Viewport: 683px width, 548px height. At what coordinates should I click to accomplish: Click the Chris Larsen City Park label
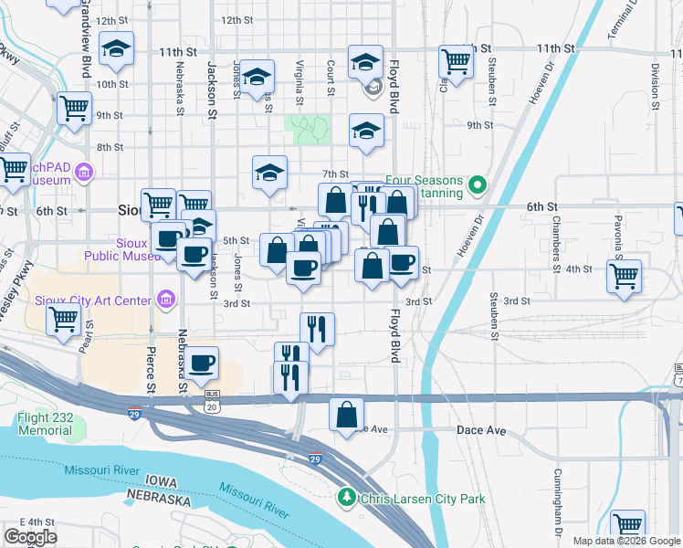click(423, 499)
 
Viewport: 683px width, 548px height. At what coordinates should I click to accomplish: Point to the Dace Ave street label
click(481, 429)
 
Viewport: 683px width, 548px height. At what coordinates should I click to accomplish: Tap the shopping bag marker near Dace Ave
click(347, 415)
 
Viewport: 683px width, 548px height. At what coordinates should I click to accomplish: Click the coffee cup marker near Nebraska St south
click(203, 363)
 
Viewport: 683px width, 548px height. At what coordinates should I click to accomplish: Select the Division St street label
click(655, 77)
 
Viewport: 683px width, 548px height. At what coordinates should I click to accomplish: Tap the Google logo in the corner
click(29, 537)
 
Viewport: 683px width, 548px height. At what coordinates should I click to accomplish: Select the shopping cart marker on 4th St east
click(625, 275)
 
